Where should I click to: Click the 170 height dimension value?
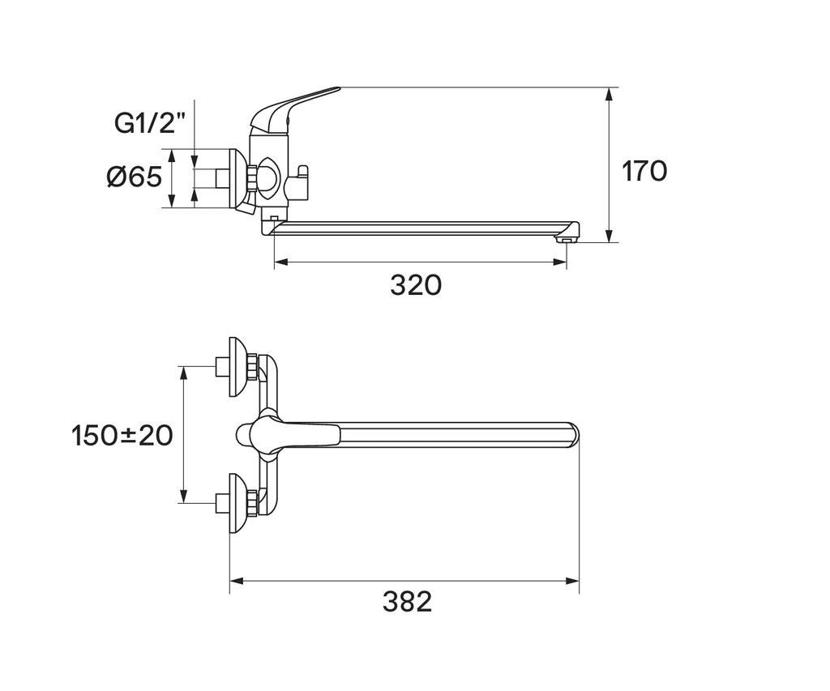pyautogui.click(x=644, y=171)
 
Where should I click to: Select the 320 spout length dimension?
pyautogui.click(x=416, y=285)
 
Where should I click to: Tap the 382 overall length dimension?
pyautogui.click(x=407, y=602)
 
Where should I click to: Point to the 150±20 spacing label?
pyautogui.click(x=122, y=436)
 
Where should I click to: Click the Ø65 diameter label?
pyautogui.click(x=134, y=176)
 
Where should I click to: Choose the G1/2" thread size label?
pyautogui.click(x=150, y=123)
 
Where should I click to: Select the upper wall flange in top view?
pyautogui.click(x=238, y=366)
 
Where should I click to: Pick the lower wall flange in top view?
pyautogui.click(x=238, y=502)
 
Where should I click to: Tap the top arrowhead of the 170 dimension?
pyautogui.click(x=610, y=94)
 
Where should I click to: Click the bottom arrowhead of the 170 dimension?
pyautogui.click(x=610, y=236)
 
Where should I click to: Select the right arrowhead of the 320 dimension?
pyautogui.click(x=559, y=262)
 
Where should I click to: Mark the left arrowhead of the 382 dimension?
pyautogui.click(x=237, y=581)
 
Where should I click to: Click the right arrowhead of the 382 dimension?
pyautogui.click(x=572, y=581)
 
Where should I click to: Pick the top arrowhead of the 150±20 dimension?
pyautogui.click(x=184, y=373)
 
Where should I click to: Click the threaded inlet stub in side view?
pyautogui.click(x=222, y=178)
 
